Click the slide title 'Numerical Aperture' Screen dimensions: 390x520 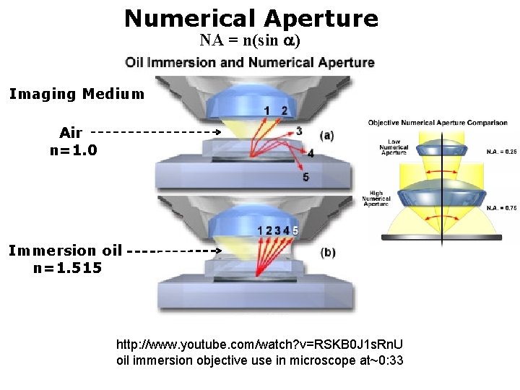(251, 18)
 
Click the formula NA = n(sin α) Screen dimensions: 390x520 (250, 40)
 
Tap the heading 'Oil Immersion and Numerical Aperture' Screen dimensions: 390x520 (250, 62)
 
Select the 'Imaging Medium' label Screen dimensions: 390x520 (77, 94)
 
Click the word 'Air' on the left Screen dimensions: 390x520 (71, 133)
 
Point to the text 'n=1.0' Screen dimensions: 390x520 (73, 150)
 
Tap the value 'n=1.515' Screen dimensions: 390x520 (67, 268)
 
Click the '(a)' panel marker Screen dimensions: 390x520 (326, 135)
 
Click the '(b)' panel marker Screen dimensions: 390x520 (327, 252)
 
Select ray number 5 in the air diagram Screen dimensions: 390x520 (306, 177)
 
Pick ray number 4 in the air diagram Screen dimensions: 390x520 (311, 154)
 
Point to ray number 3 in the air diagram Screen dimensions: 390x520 (299, 131)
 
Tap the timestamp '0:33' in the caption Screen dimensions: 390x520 (391, 360)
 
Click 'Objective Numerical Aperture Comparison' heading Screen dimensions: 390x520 (438, 123)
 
